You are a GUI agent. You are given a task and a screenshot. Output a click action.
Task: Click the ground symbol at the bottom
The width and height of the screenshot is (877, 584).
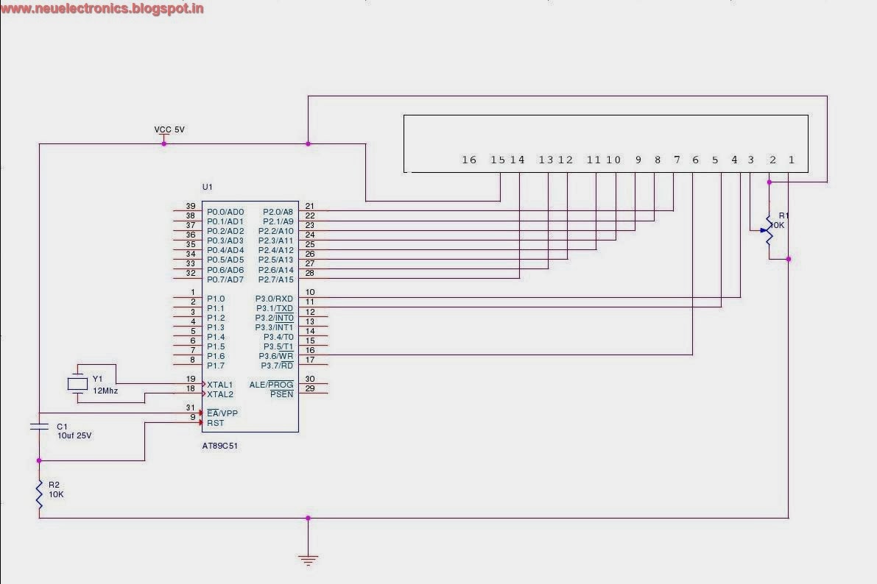tap(309, 559)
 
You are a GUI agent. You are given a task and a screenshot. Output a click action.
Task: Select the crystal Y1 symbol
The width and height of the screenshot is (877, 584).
tap(77, 383)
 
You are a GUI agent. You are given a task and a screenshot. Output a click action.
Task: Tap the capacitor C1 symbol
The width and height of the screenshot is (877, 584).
tap(39, 427)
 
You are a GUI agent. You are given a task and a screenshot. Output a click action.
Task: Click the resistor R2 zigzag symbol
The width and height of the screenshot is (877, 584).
tap(39, 494)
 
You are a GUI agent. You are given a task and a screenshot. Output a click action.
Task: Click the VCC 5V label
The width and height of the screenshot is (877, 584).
tap(169, 129)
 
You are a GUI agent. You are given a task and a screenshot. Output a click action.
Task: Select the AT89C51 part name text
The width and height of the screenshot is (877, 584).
tap(220, 446)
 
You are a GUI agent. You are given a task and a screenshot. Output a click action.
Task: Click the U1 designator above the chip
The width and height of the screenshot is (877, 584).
tap(208, 187)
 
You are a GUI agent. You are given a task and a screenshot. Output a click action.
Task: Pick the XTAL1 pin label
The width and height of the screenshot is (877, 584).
tap(220, 385)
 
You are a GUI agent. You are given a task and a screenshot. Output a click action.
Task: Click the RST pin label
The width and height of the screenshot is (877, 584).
tap(215, 423)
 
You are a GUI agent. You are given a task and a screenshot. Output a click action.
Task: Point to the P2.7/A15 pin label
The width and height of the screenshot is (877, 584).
tap(276, 279)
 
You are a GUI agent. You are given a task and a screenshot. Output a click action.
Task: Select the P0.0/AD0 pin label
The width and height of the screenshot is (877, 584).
tap(225, 212)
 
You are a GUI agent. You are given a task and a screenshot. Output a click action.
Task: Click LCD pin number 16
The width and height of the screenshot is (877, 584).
tap(469, 160)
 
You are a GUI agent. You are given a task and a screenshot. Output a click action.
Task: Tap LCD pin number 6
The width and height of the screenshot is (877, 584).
tap(695, 160)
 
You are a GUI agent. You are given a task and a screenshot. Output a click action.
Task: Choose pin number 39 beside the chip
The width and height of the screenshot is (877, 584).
tap(190, 207)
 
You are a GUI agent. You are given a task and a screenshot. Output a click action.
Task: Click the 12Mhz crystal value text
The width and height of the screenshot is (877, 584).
tap(105, 391)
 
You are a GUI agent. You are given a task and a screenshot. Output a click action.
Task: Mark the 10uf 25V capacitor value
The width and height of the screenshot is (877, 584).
tap(74, 435)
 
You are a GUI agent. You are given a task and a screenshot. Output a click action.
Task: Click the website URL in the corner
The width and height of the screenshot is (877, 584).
tap(102, 9)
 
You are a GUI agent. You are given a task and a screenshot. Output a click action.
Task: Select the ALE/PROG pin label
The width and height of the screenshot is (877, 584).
tap(271, 385)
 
